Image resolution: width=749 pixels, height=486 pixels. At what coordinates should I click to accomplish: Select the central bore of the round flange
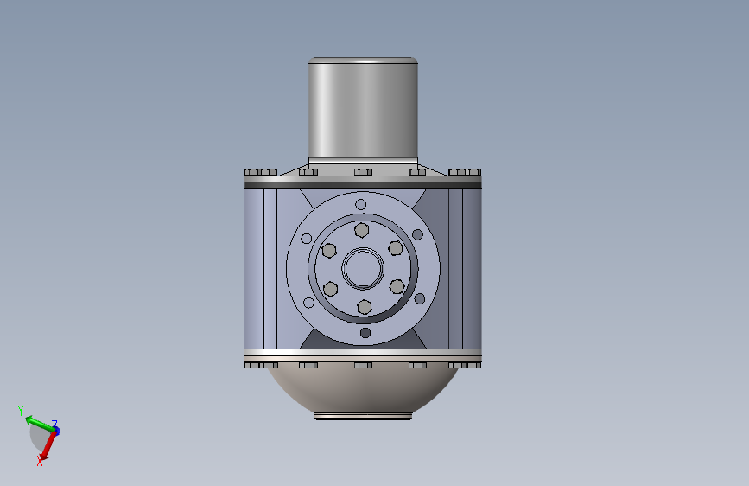(363, 268)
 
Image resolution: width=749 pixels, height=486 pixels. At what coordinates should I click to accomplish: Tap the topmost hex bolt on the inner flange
(362, 230)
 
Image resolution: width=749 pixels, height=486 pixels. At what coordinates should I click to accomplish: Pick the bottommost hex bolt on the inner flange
(365, 307)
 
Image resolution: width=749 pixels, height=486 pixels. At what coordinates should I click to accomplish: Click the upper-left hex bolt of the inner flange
(329, 250)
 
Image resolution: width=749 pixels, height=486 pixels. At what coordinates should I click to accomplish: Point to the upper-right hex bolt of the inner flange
(396, 248)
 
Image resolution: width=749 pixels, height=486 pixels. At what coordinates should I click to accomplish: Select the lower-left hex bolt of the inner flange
(330, 289)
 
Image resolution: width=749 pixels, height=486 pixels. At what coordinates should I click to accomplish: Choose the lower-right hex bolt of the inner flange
(397, 286)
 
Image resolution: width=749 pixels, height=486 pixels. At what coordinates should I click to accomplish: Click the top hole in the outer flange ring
(360, 205)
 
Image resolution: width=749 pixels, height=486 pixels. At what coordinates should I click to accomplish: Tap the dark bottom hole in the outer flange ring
(365, 333)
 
